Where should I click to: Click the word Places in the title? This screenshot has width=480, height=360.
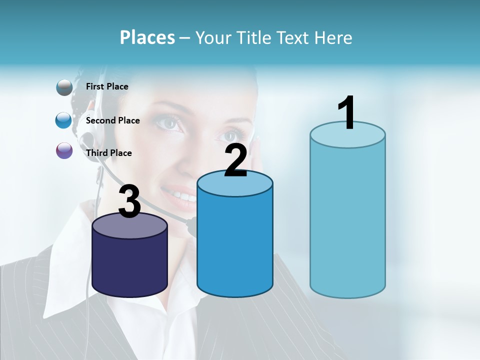tap(147, 37)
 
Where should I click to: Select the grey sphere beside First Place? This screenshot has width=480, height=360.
tap(64, 87)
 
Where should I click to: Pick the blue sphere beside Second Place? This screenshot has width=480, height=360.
tap(64, 120)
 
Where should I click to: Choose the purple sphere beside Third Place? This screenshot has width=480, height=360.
tap(64, 150)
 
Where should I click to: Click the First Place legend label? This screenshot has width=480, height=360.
tap(107, 86)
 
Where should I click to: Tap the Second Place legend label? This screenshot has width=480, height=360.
tap(112, 120)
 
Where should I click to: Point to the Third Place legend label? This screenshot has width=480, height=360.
tap(108, 153)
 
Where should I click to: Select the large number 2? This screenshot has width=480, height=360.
tap(235, 160)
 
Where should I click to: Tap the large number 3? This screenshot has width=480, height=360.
tap(130, 201)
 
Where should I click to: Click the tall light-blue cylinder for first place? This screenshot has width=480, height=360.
tap(347, 220)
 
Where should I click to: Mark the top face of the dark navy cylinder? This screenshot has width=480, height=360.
tap(130, 226)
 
